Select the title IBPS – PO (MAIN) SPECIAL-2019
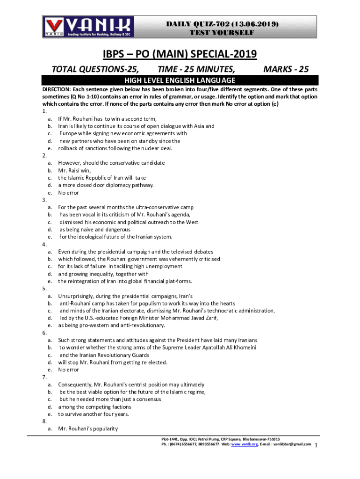point(180,54)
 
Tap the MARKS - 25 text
point(286,70)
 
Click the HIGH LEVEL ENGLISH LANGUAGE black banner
point(180,80)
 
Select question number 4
point(44,244)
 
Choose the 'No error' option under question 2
point(68,193)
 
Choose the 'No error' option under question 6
point(68,370)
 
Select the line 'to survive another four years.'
point(93,414)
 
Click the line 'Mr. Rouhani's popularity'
point(88,428)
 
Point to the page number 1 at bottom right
point(317,445)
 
